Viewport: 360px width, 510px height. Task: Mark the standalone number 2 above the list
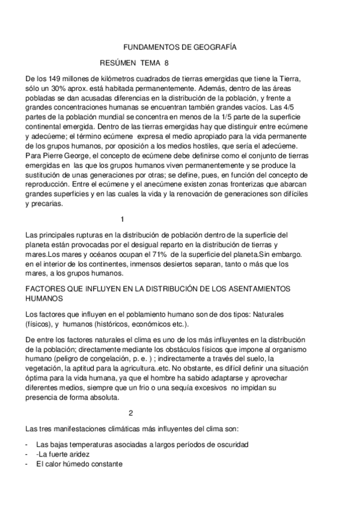pos(131,413)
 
